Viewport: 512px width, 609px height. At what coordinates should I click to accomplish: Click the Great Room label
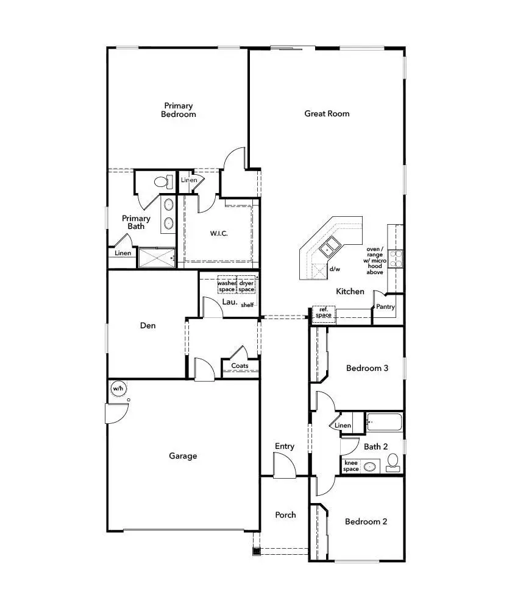pyautogui.click(x=327, y=113)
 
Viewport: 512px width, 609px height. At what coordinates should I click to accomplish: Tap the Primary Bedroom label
pyautogui.click(x=178, y=110)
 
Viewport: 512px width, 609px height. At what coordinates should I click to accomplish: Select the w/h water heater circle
pyautogui.click(x=118, y=388)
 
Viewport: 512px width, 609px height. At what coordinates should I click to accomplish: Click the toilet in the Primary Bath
pyautogui.click(x=162, y=181)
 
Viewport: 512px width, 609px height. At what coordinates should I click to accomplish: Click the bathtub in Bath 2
pyautogui.click(x=383, y=422)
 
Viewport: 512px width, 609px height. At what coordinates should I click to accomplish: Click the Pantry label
pyautogui.click(x=385, y=307)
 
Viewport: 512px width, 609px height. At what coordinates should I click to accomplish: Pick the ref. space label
pyautogui.click(x=323, y=312)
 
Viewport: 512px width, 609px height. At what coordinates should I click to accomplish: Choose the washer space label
pyautogui.click(x=227, y=286)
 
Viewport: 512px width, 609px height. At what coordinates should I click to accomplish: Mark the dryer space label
pyautogui.click(x=246, y=286)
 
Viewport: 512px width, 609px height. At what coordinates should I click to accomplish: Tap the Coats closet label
pyautogui.click(x=240, y=366)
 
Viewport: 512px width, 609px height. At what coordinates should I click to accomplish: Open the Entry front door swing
pyautogui.click(x=284, y=468)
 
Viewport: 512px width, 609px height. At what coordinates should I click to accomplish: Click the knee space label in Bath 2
pyautogui.click(x=351, y=466)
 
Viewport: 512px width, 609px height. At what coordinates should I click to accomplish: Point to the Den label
pyautogui.click(x=148, y=325)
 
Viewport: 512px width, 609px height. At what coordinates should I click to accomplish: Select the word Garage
pyautogui.click(x=183, y=456)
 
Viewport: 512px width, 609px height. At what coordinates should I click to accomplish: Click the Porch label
pyautogui.click(x=285, y=515)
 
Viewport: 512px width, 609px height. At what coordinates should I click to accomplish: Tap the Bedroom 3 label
pyautogui.click(x=367, y=368)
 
